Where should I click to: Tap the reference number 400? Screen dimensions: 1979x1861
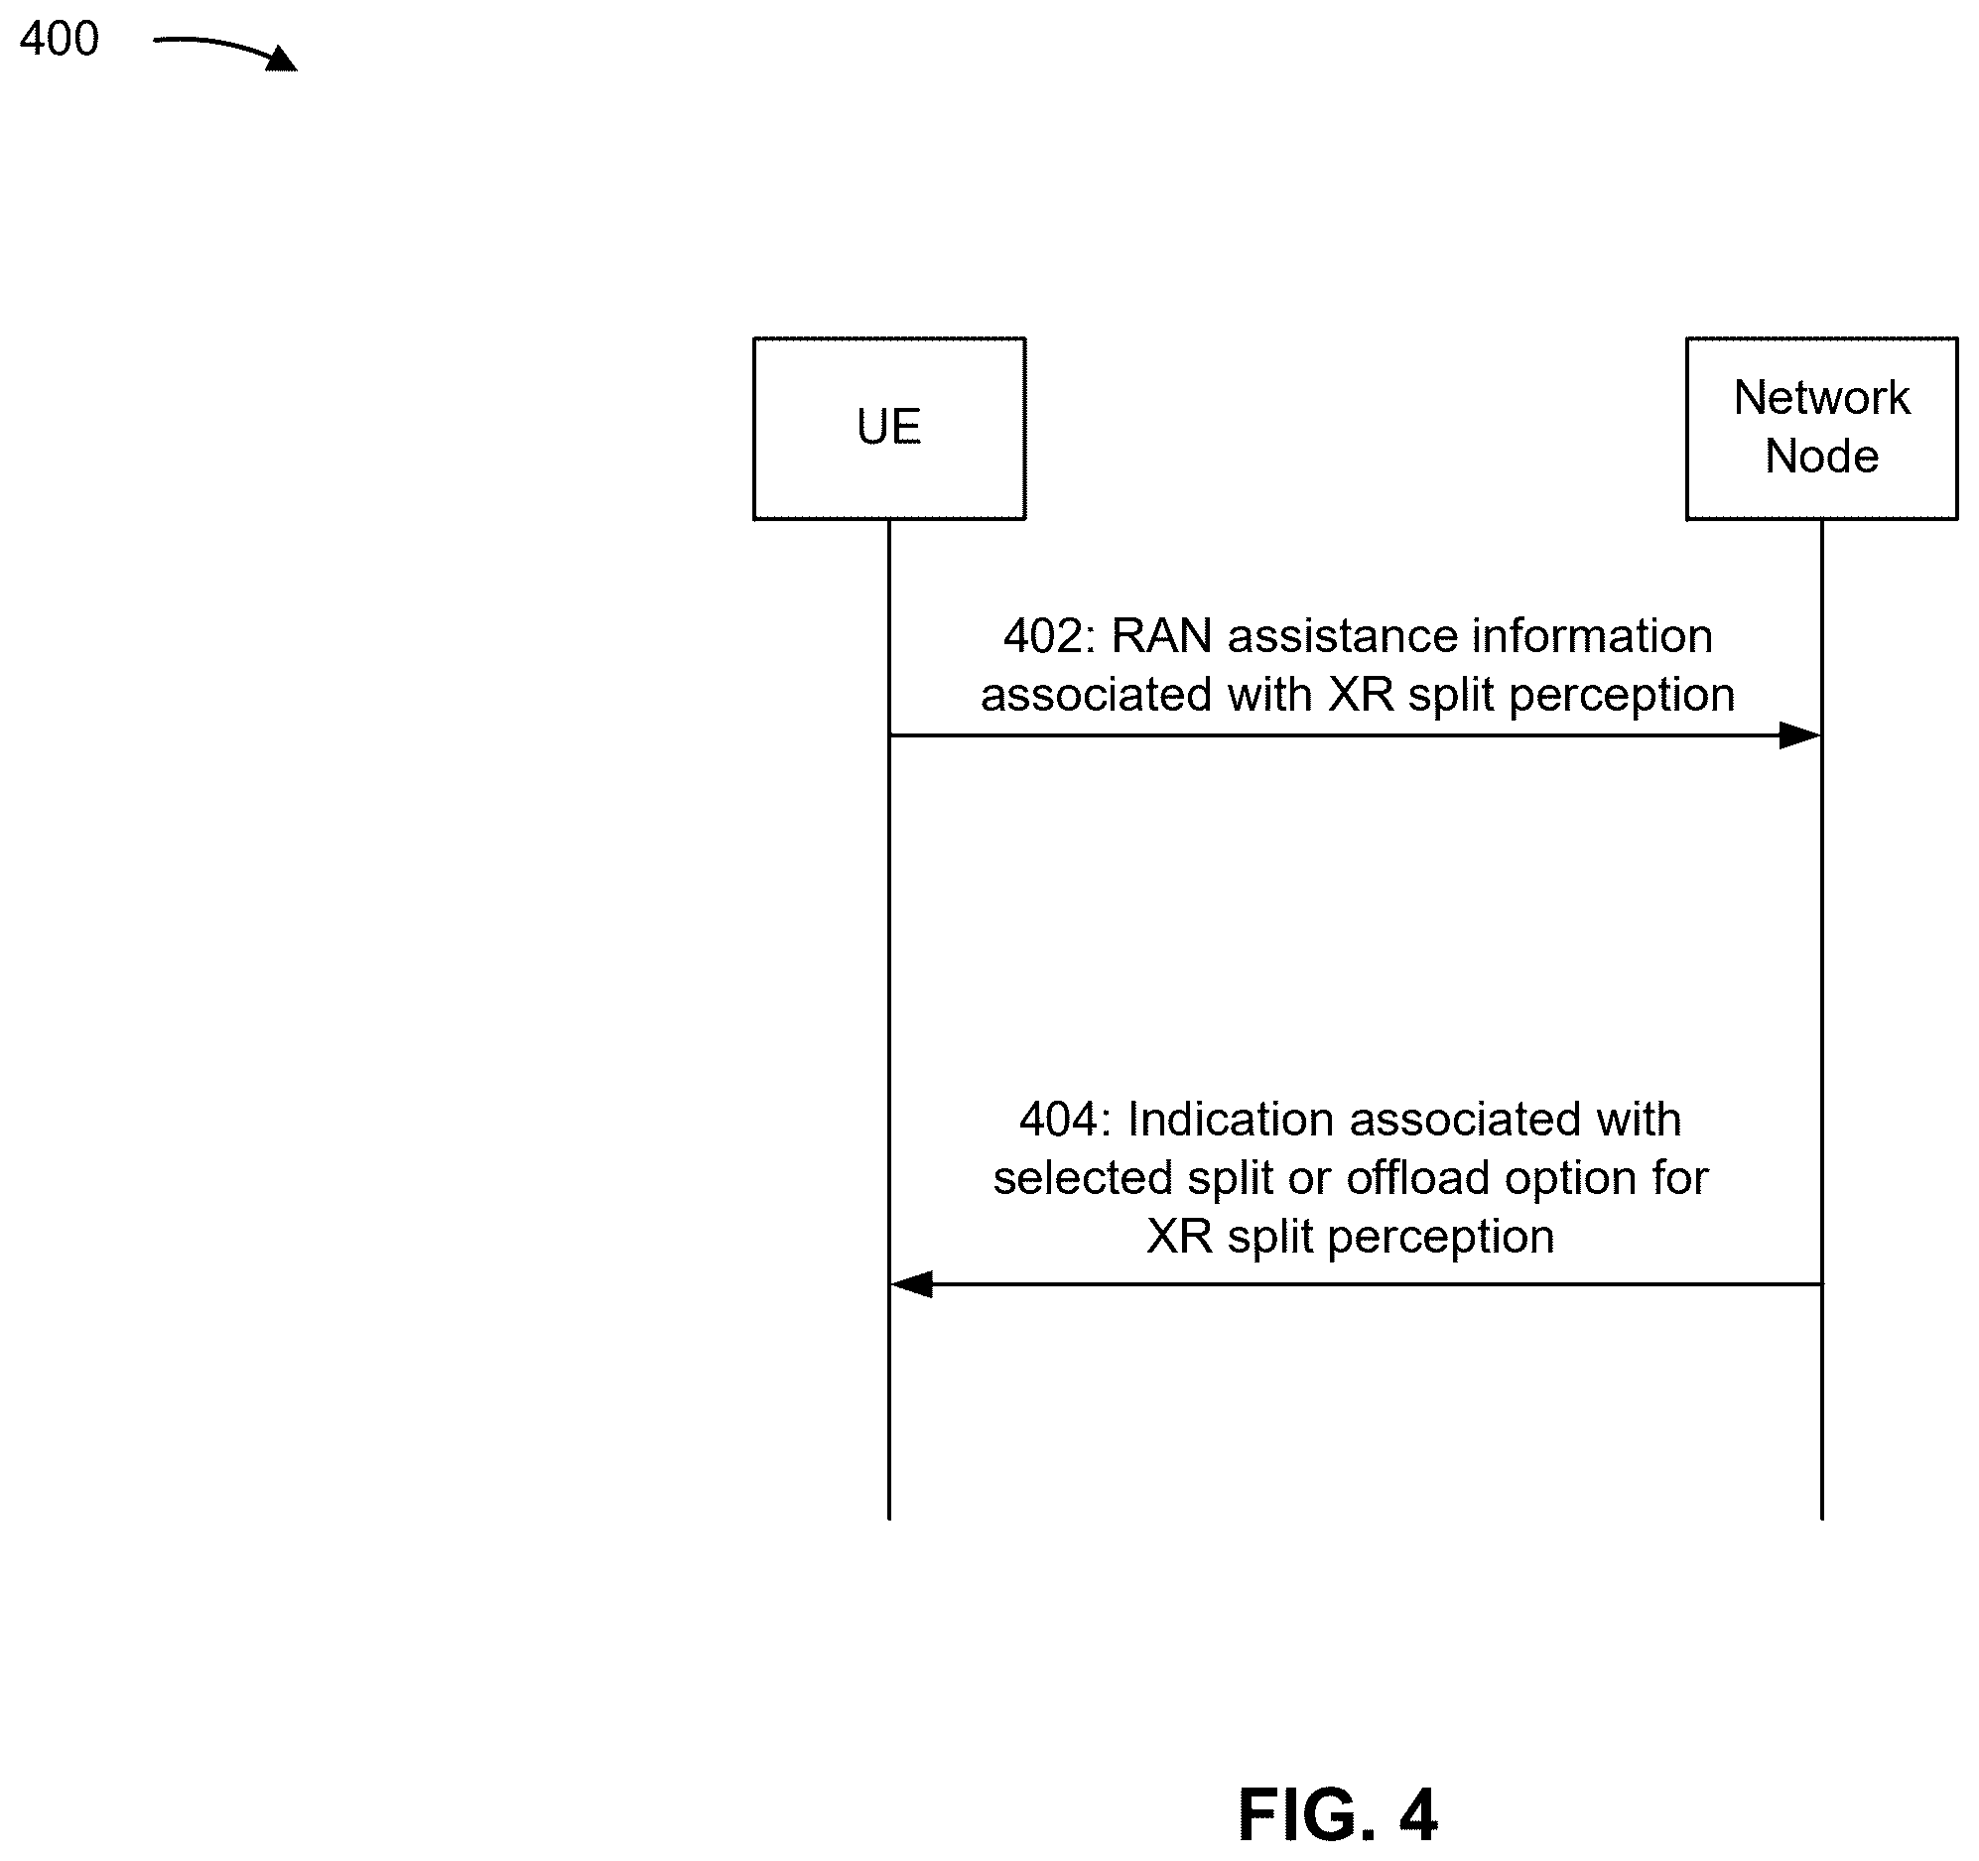coord(60,40)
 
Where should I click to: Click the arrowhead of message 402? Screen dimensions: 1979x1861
coord(1800,735)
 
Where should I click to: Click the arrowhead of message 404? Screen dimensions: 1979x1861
coord(911,1284)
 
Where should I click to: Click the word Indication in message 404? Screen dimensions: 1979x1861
coord(1231,1121)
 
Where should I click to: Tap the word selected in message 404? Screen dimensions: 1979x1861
coord(1082,1178)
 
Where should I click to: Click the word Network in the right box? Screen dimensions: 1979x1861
coord(1822,398)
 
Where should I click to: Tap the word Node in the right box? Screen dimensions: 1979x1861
coord(1822,457)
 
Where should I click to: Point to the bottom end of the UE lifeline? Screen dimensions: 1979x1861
coord(889,1519)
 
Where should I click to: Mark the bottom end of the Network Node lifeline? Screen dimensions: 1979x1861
coord(1822,1519)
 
